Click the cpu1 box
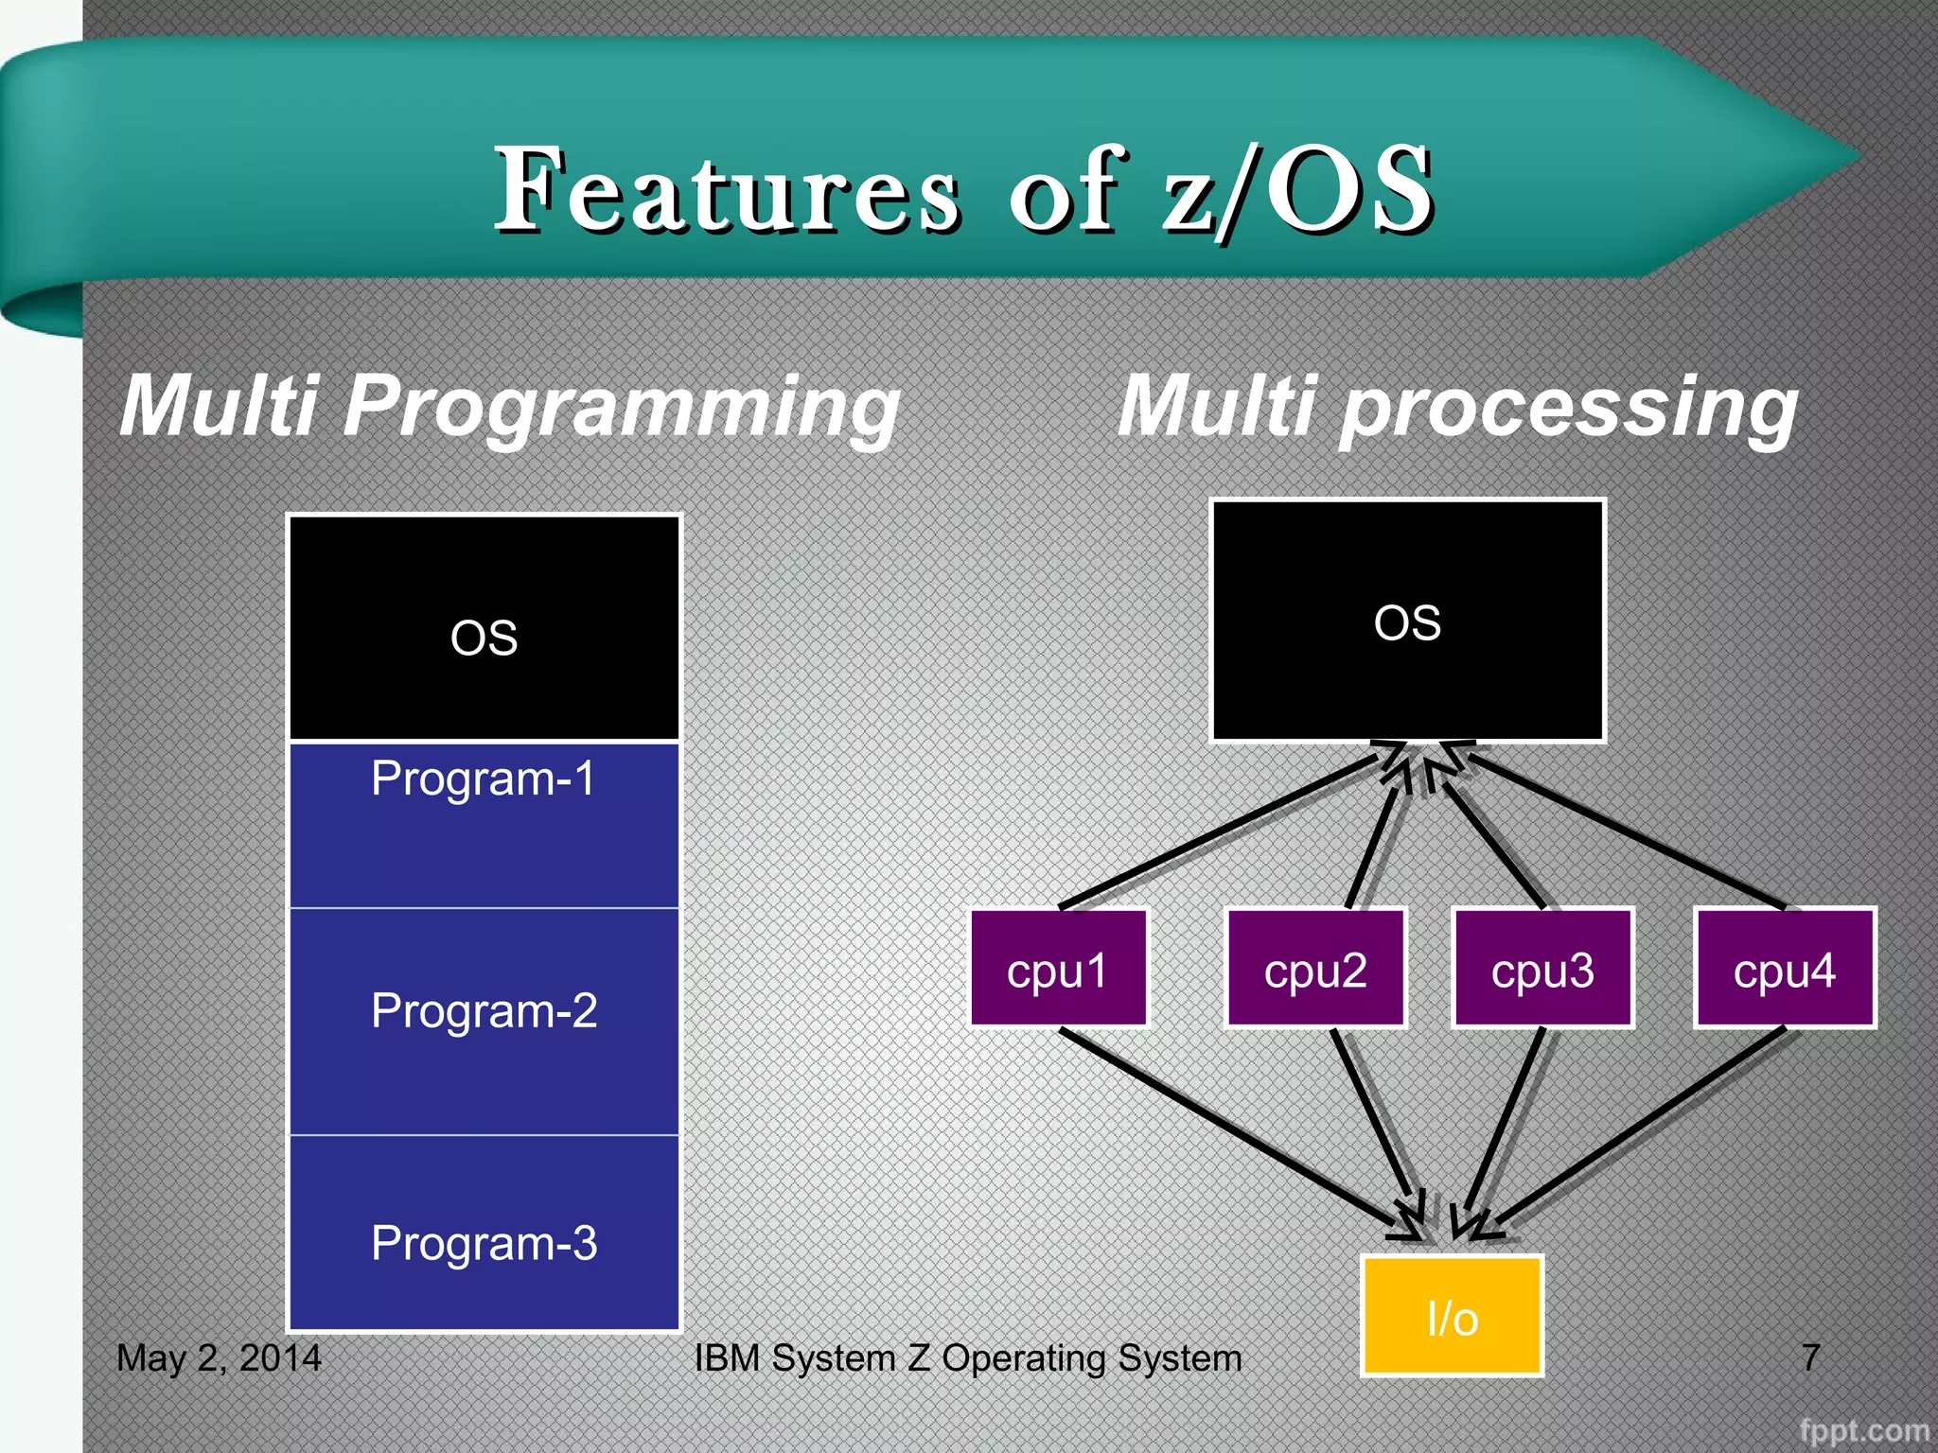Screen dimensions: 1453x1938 pos(1058,968)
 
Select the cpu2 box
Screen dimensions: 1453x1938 pos(1315,968)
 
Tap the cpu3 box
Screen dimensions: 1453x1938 pos(1542,968)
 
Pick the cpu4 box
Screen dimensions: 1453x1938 pos(1785,968)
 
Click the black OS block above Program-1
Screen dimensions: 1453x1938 pos(484,628)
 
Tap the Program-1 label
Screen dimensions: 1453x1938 pos(484,779)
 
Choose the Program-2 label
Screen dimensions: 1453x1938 pos(484,1010)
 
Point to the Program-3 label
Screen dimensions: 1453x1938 pos(484,1243)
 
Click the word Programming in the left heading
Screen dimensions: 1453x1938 pos(620,407)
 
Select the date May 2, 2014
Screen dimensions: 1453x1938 pos(219,1357)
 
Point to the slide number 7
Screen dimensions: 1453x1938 pos(1810,1357)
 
